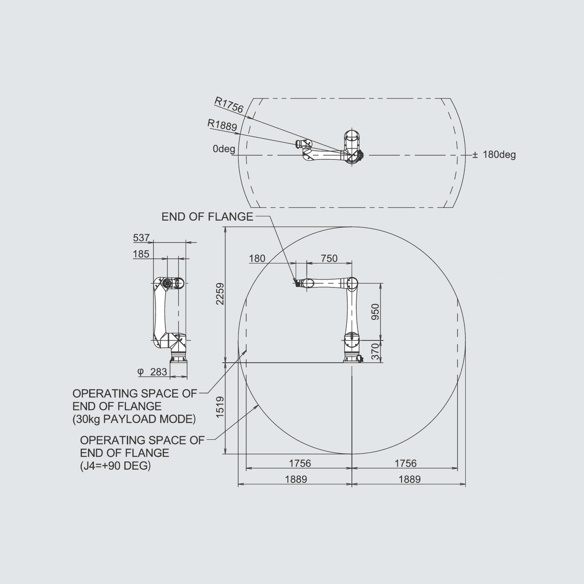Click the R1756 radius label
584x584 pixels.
pyautogui.click(x=229, y=105)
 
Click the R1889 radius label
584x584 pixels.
pyautogui.click(x=222, y=125)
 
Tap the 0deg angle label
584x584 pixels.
pyautogui.click(x=224, y=149)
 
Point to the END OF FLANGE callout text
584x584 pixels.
pyautogui.click(x=207, y=217)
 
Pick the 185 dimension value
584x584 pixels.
pyautogui.click(x=141, y=254)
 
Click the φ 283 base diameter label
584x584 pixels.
pyautogui.click(x=152, y=372)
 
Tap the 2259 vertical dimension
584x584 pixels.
pyautogui.click(x=220, y=294)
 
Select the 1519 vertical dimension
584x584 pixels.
pyautogui.click(x=220, y=407)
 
